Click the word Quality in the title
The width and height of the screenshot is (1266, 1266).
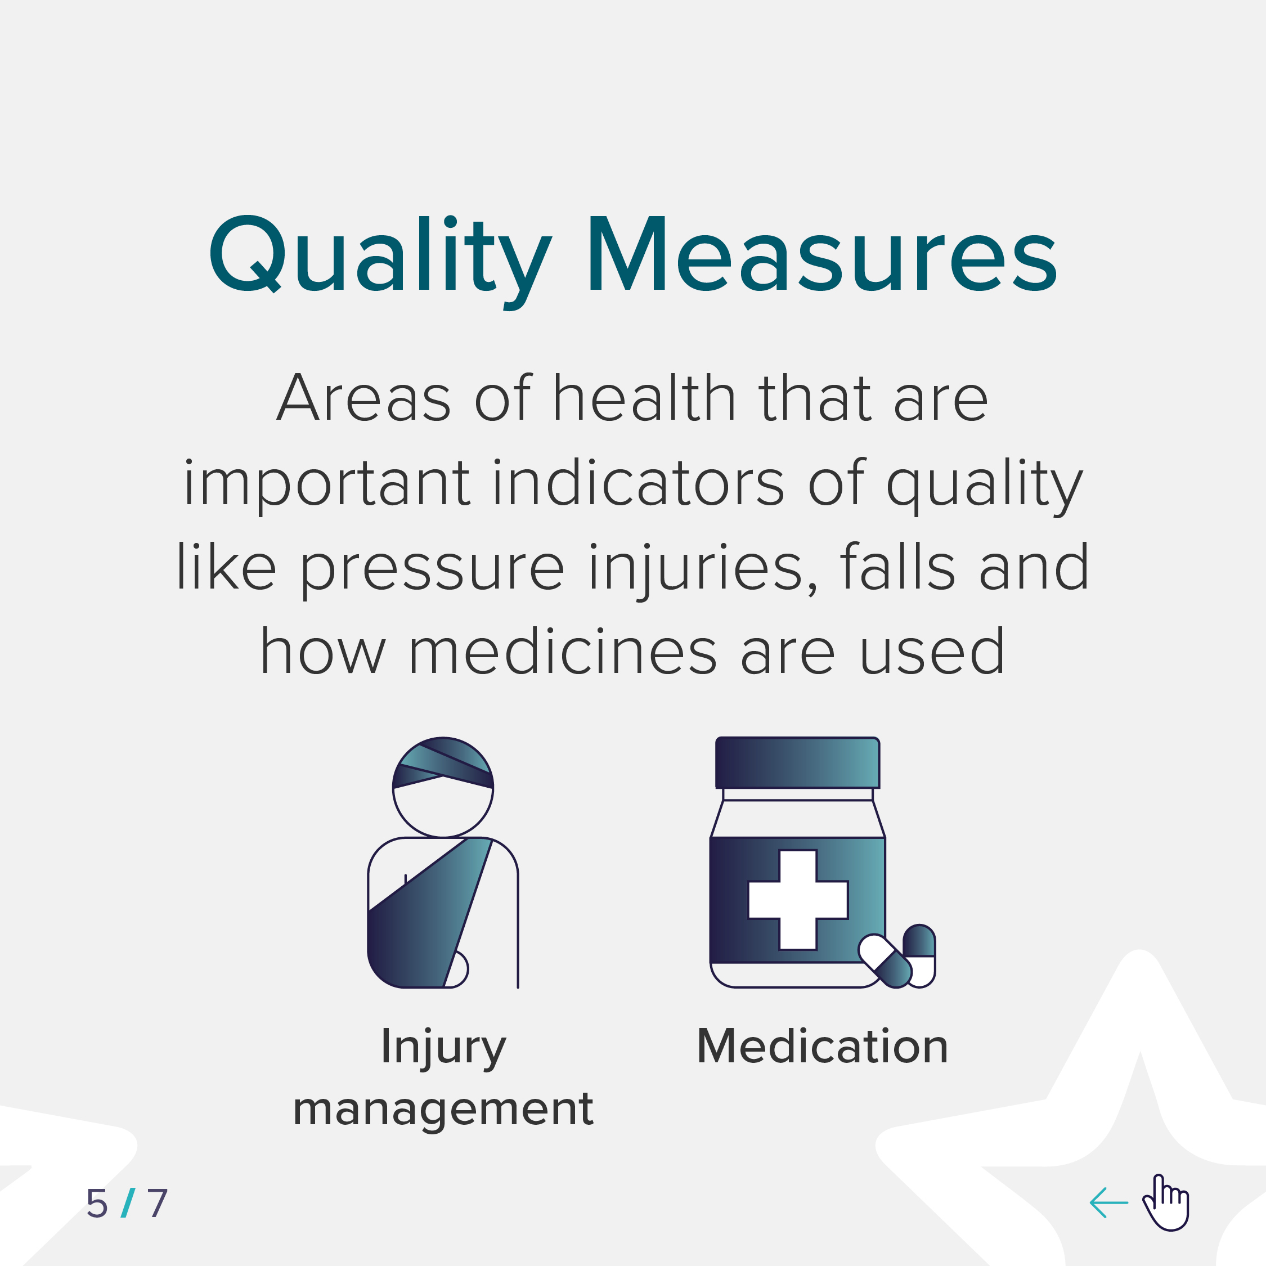[379, 262]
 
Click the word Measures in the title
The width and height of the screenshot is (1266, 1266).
[823, 254]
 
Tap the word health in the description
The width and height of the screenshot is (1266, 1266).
[644, 397]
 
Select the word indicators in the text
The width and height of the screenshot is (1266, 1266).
[638, 482]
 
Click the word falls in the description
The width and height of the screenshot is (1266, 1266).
[897, 565]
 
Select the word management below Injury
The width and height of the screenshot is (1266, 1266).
[443, 1111]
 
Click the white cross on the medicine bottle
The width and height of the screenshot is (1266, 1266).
[798, 900]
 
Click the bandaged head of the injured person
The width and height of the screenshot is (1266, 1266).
[443, 787]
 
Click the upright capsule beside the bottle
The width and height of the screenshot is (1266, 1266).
[919, 955]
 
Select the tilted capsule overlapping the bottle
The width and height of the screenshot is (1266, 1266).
[885, 960]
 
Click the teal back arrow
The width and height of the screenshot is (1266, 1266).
[1108, 1202]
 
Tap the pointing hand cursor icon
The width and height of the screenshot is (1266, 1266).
[1166, 1202]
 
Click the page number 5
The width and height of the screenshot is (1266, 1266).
[97, 1204]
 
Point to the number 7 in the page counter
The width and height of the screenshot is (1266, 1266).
[158, 1204]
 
